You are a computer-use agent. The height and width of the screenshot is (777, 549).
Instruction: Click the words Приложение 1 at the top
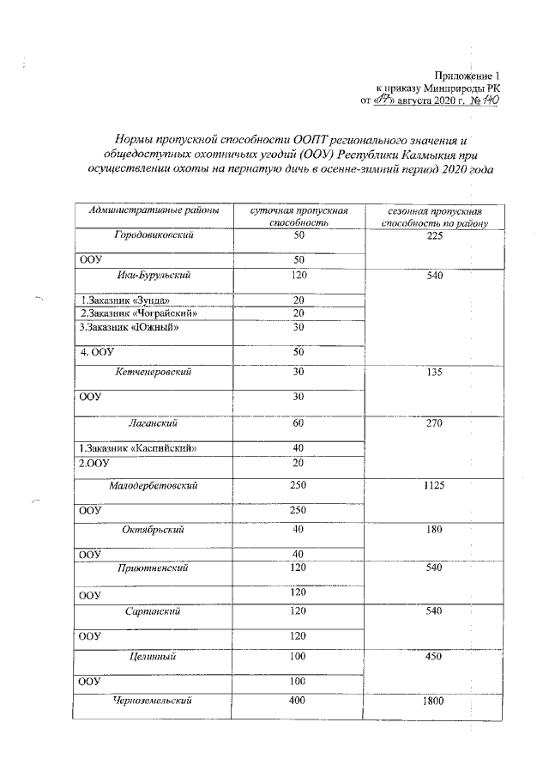pos(468,76)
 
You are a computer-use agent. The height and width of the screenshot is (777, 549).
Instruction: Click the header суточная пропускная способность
pos(299,216)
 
